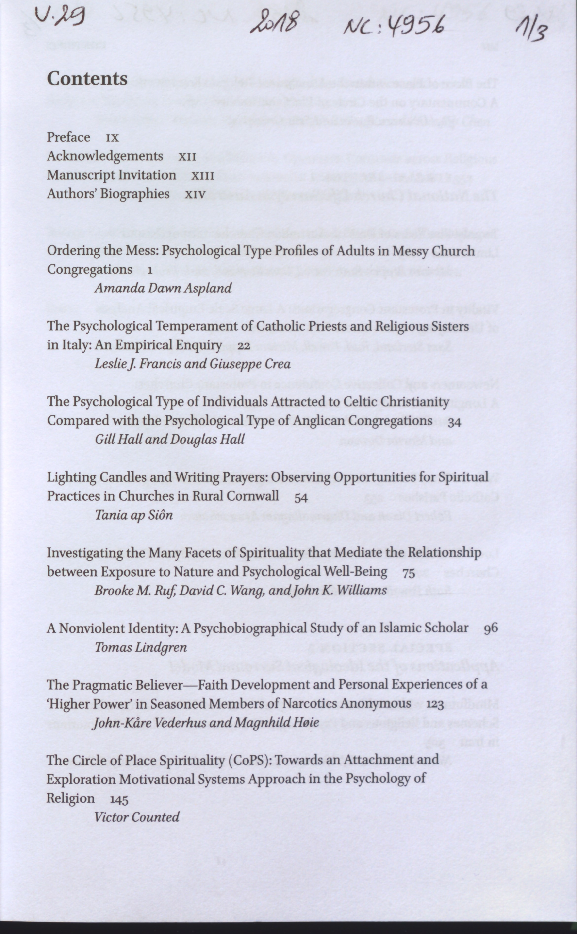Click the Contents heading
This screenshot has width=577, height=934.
tap(87, 79)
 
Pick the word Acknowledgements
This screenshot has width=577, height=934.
tap(105, 156)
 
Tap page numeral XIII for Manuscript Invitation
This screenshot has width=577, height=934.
tap(203, 176)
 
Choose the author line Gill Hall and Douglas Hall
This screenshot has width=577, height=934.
tap(169, 439)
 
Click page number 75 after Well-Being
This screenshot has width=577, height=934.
tap(408, 573)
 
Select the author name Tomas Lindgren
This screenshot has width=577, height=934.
tap(141, 647)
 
